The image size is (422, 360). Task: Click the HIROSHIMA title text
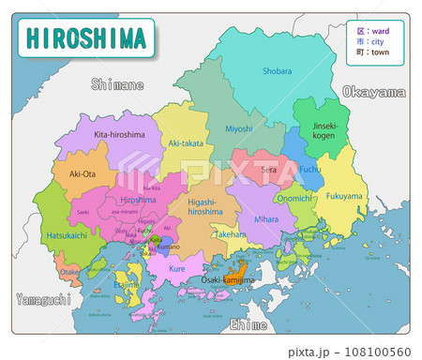(x=86, y=38)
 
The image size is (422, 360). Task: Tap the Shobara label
(x=277, y=70)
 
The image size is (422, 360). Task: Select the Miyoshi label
(x=239, y=128)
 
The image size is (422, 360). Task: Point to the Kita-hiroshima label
(x=119, y=135)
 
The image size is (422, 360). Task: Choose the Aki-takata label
(x=185, y=142)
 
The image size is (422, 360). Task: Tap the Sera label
(x=268, y=170)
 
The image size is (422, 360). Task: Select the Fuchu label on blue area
(x=309, y=170)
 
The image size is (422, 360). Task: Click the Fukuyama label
(x=345, y=196)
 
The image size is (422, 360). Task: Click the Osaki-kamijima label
(x=229, y=279)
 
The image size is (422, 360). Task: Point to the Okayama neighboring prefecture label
(x=374, y=92)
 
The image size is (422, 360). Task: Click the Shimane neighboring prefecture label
(x=117, y=85)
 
